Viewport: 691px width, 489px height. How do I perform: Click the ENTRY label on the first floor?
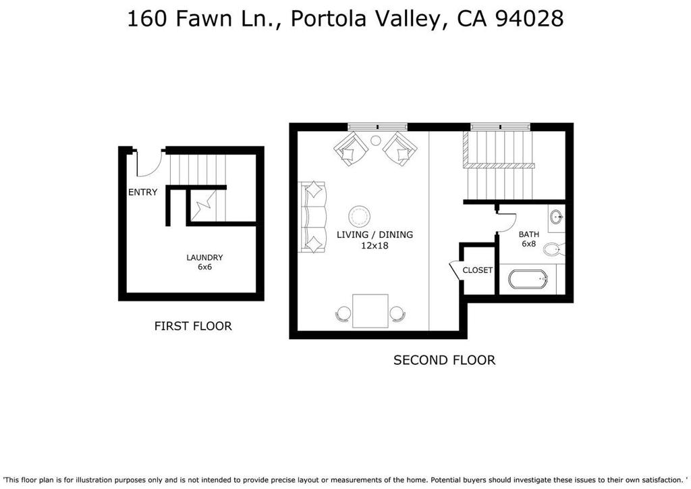tap(142, 192)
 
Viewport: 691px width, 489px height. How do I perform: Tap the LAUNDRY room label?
tap(204, 257)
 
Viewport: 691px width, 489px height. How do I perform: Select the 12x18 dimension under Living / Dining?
tap(375, 246)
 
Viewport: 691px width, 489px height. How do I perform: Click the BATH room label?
tap(529, 234)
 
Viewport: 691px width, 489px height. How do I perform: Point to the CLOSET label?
tap(477, 270)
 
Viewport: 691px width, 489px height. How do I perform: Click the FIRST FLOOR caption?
tap(193, 326)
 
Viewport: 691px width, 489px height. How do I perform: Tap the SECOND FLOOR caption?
tap(444, 360)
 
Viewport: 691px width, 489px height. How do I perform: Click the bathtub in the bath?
tap(528, 279)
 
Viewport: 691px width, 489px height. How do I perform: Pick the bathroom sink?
tap(557, 217)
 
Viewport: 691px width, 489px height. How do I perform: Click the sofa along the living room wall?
tap(312, 217)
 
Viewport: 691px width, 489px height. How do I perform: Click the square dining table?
tap(370, 311)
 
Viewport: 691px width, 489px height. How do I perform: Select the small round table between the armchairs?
tap(375, 140)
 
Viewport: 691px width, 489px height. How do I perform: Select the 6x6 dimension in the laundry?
tap(204, 267)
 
